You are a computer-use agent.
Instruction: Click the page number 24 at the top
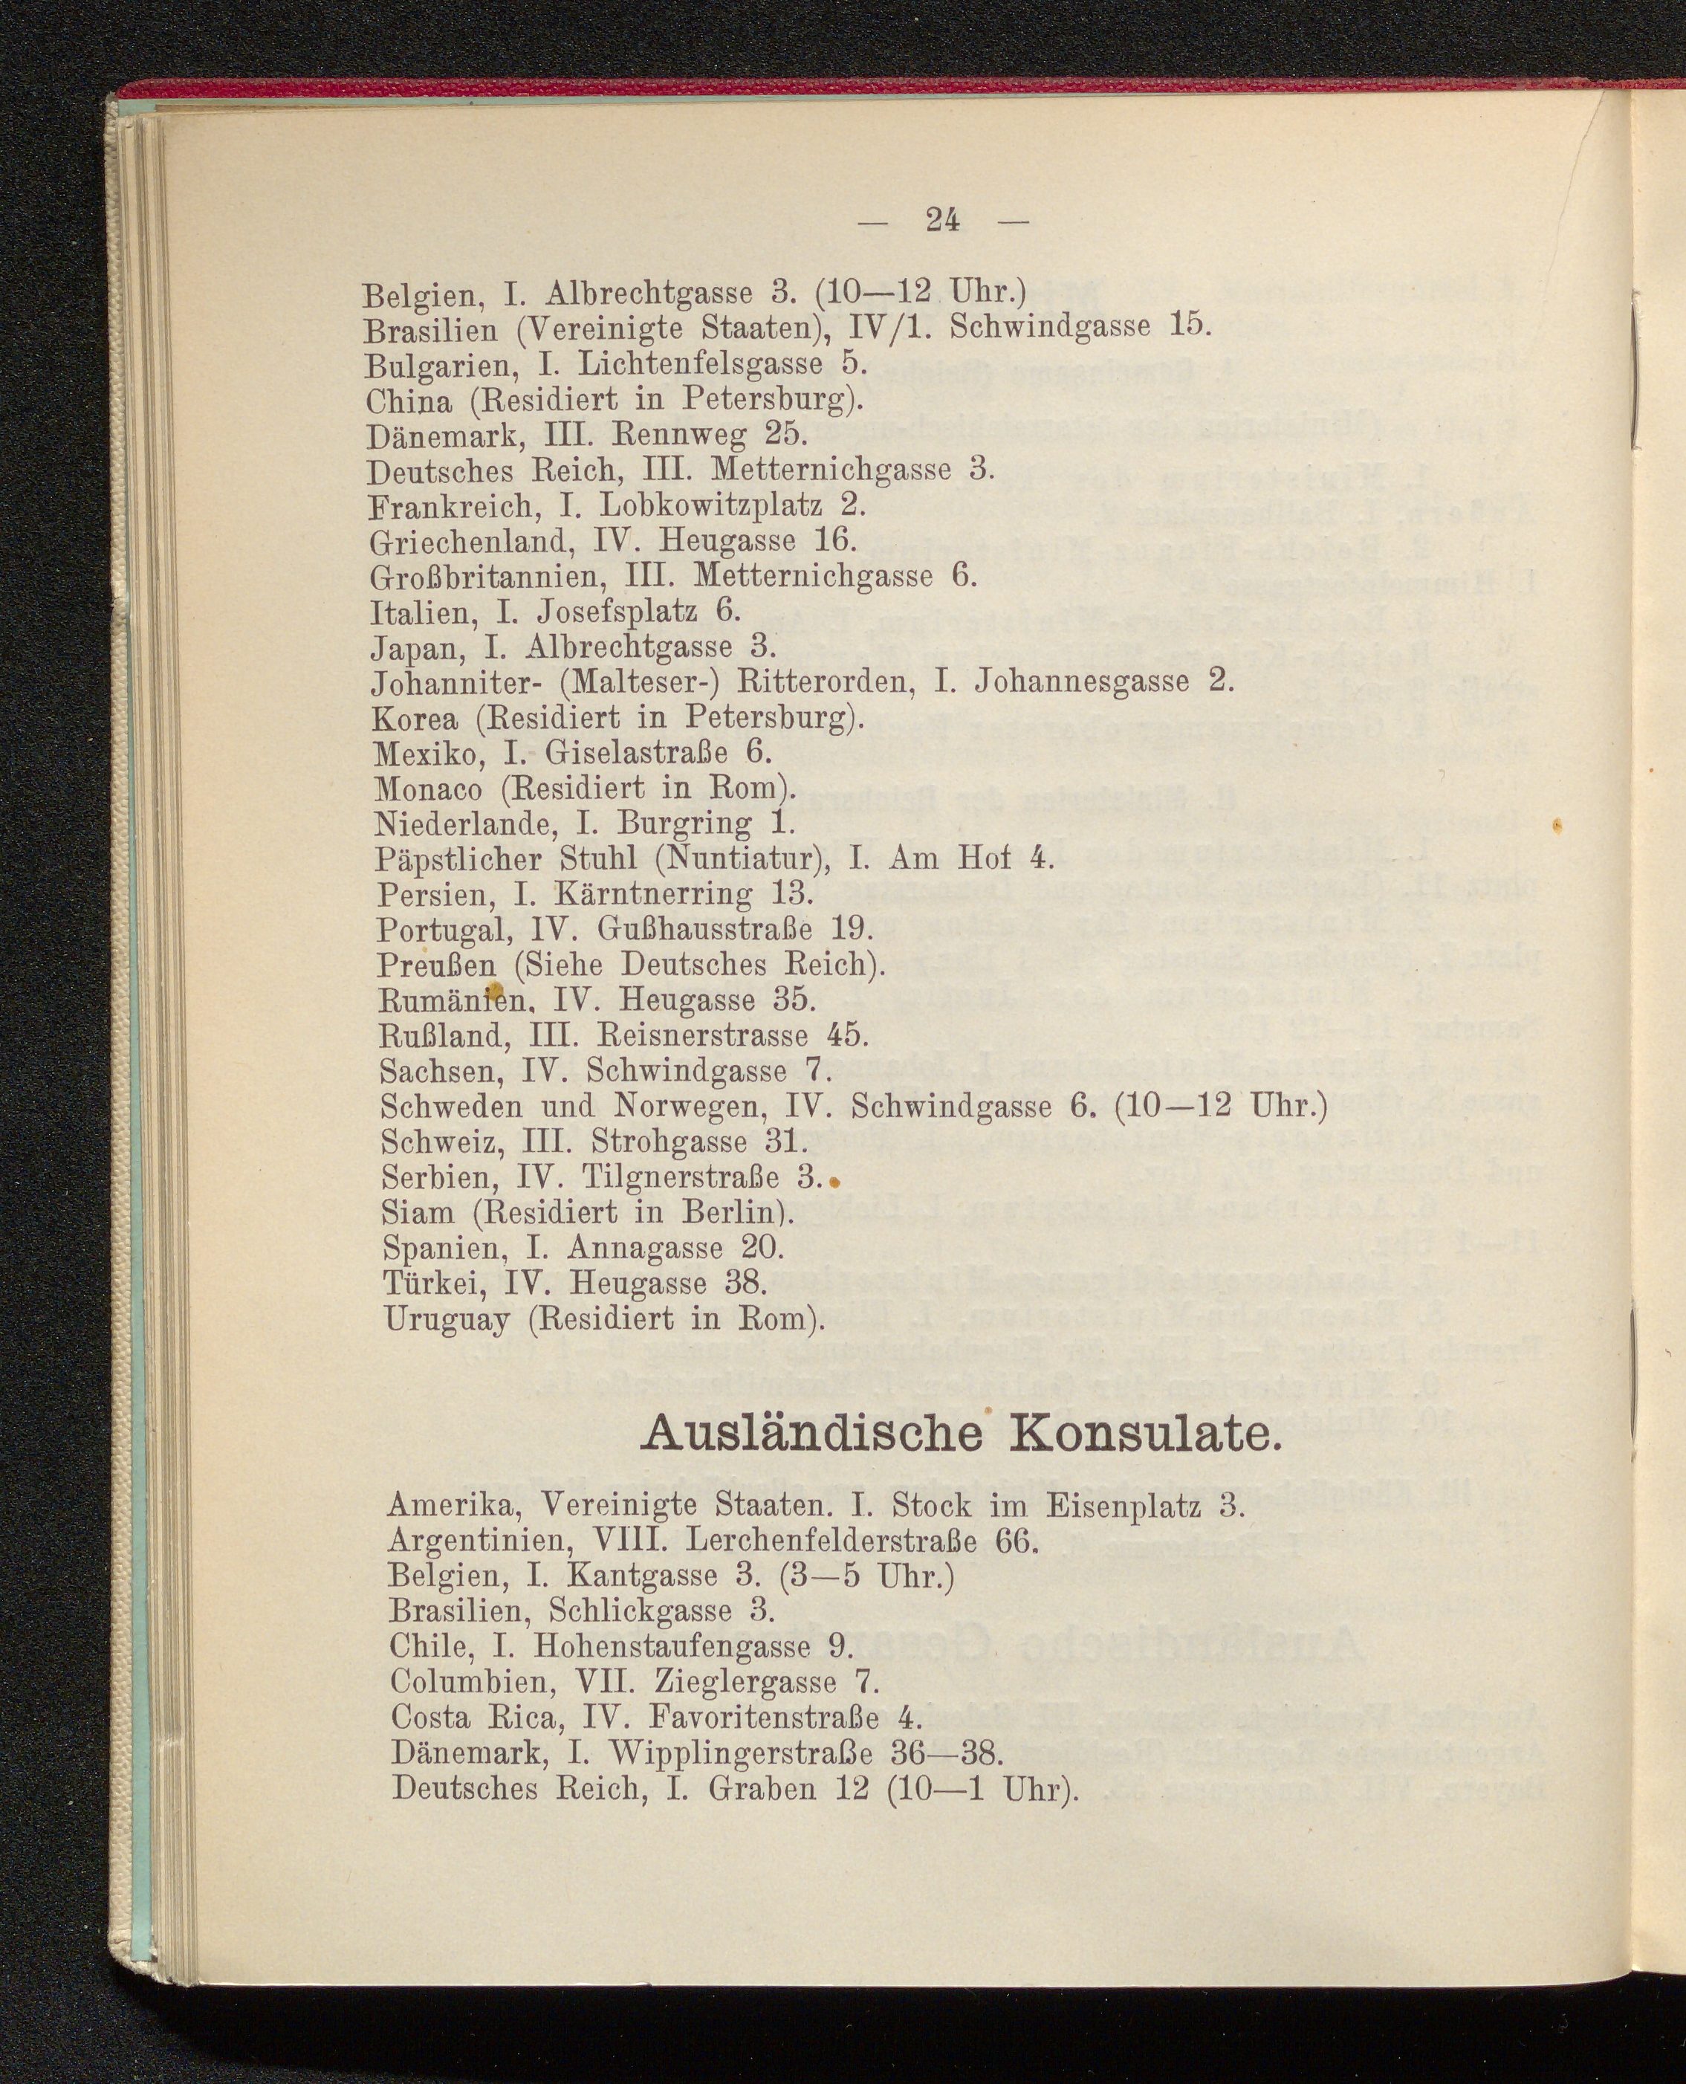coord(942,221)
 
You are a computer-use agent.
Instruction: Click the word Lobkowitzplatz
coord(712,505)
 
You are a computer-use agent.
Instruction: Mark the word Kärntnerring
coord(655,895)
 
